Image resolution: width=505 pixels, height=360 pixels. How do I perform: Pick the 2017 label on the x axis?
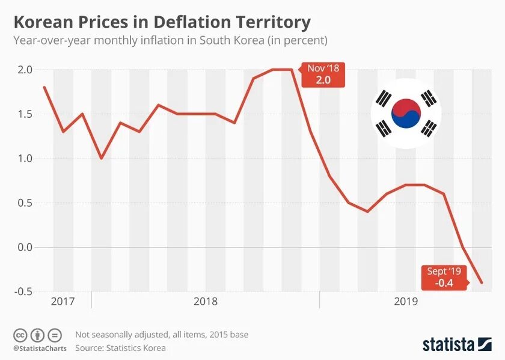point(63,301)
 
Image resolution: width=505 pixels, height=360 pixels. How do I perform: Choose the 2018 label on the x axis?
point(206,301)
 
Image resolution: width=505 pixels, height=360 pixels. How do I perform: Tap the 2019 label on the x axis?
point(406,301)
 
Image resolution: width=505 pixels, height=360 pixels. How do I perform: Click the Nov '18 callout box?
point(323,74)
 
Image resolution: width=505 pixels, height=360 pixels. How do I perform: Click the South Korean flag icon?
point(406,112)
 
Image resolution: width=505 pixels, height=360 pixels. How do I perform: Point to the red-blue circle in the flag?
point(406,113)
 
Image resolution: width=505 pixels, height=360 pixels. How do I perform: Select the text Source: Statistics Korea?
point(120,347)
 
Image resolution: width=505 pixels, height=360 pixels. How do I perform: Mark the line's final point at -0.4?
point(482,282)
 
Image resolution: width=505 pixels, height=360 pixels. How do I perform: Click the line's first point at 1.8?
point(44,87)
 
